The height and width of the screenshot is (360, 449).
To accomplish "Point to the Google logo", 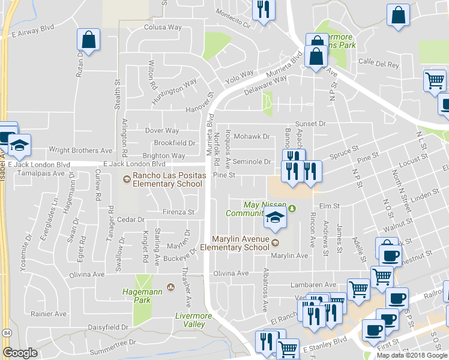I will (20, 353).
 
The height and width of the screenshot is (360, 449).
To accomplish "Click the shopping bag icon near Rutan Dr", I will (88, 41).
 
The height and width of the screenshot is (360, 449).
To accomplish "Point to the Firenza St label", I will (178, 212).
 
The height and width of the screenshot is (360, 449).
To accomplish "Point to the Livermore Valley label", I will (190, 320).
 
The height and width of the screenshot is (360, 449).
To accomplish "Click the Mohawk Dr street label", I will (252, 136).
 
